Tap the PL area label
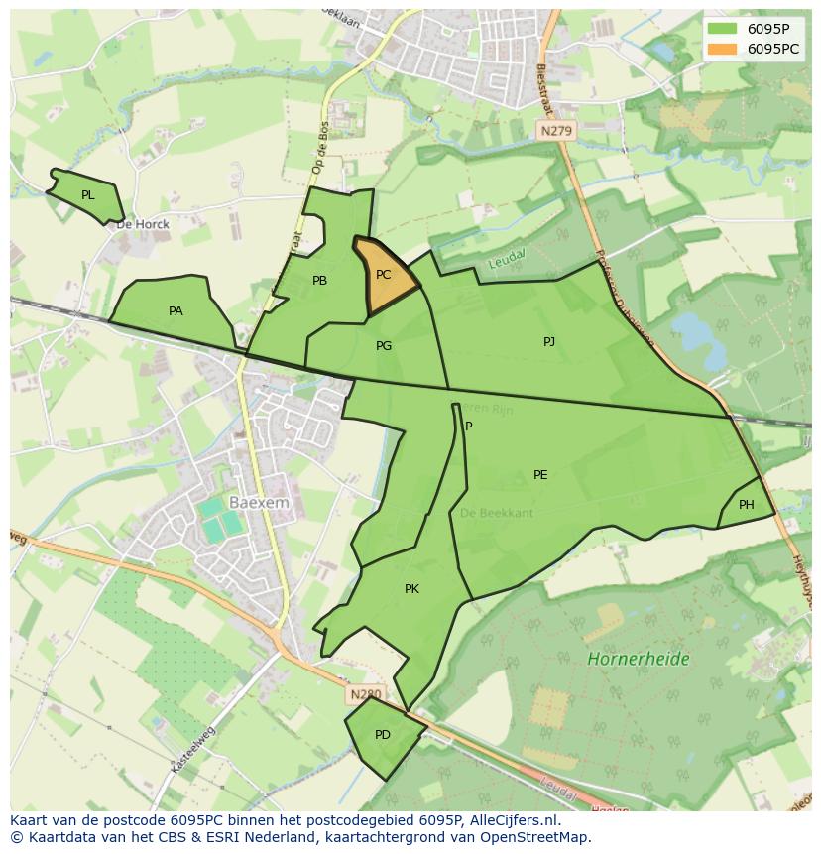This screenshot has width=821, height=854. [88, 195]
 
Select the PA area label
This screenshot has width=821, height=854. [176, 311]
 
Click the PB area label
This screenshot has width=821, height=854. [319, 281]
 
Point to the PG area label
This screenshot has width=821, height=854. [384, 346]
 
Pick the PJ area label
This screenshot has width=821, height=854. [549, 342]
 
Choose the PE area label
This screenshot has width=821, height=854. [540, 475]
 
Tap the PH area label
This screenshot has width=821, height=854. [747, 505]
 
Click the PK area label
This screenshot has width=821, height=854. [411, 589]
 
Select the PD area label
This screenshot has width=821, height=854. [383, 735]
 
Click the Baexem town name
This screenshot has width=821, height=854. [259, 503]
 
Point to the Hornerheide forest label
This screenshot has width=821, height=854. [638, 659]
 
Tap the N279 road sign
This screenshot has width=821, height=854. [557, 130]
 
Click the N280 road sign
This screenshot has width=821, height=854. [364, 694]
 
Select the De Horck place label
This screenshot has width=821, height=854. [143, 224]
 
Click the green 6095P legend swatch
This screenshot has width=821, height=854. [723, 29]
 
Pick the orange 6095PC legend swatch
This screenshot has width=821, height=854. [723, 49]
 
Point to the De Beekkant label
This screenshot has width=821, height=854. [497, 513]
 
